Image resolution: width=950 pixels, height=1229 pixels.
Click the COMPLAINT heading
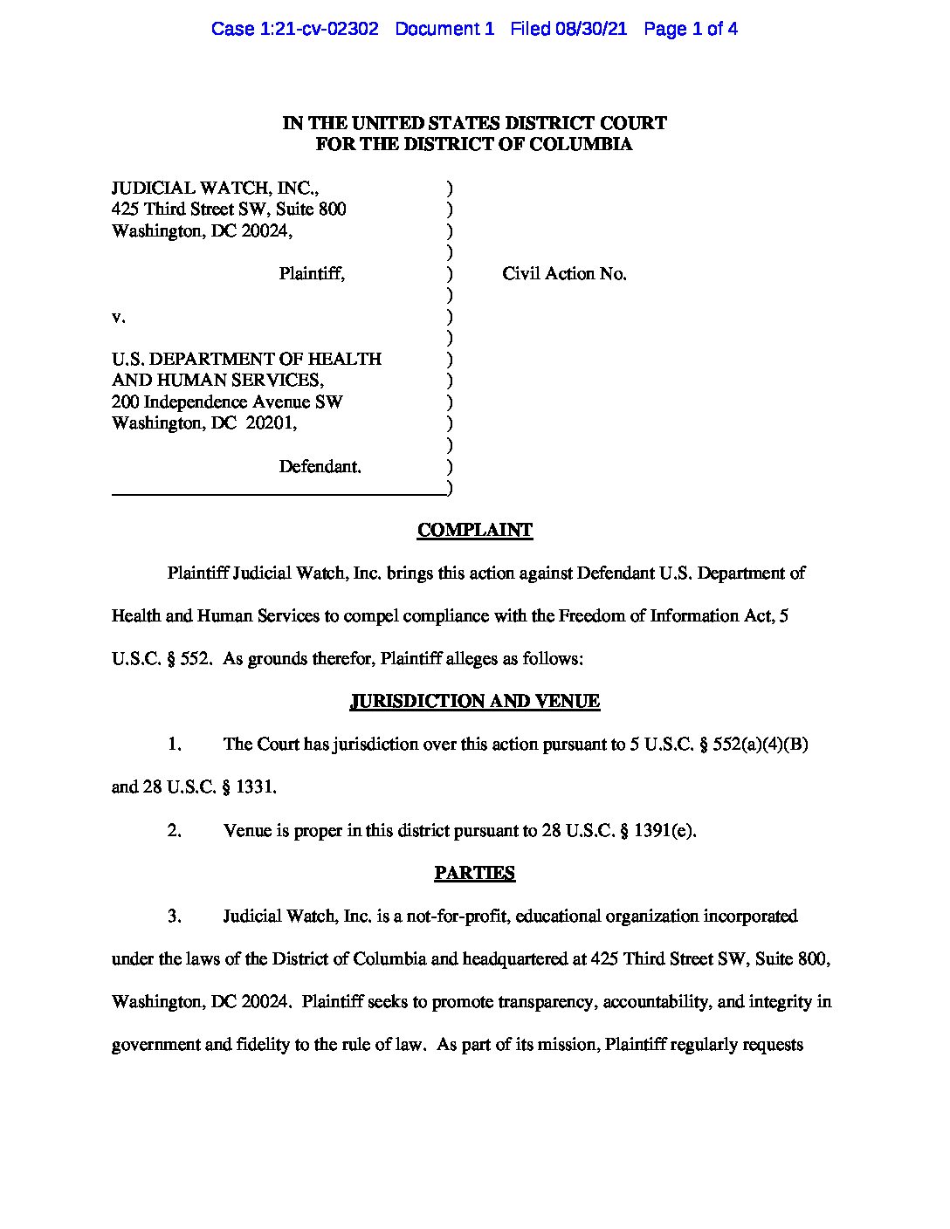(x=474, y=530)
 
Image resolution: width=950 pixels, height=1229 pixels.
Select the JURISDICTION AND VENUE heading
(x=474, y=701)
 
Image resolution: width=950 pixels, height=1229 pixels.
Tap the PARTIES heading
(x=474, y=873)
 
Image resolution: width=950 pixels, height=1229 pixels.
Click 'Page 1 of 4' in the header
(x=691, y=29)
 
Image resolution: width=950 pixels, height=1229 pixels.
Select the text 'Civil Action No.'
(x=564, y=274)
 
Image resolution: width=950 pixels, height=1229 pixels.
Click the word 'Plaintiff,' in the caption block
(x=312, y=274)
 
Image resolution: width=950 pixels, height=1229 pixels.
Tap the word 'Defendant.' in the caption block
(x=320, y=467)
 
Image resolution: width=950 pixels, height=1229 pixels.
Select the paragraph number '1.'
(x=174, y=745)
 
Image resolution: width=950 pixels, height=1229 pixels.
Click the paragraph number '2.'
(x=174, y=830)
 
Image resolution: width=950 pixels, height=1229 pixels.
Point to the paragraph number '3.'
(x=174, y=917)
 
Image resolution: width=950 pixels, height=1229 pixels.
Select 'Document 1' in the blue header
(x=444, y=29)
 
